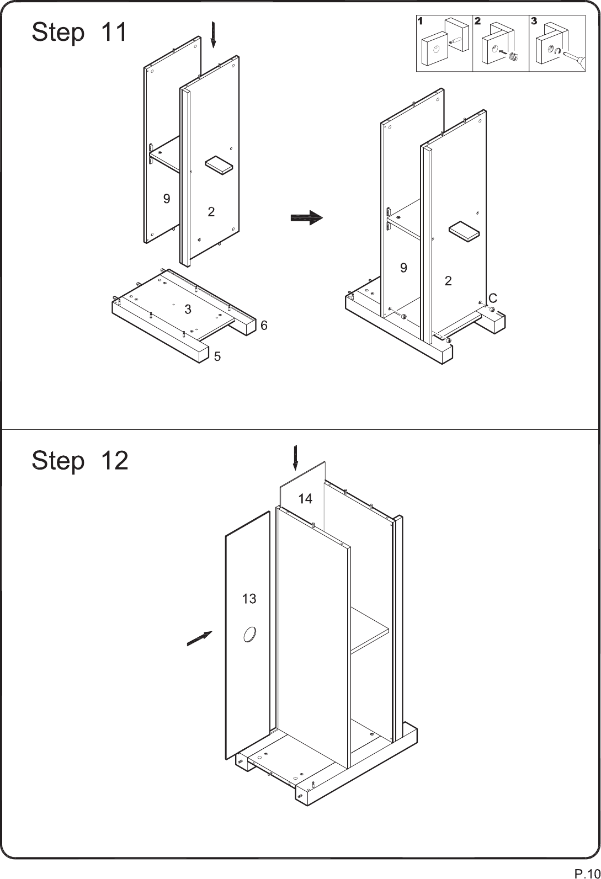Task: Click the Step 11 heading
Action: pos(79,32)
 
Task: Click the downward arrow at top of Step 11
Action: pos(213,35)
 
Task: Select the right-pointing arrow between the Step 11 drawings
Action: pos(307,218)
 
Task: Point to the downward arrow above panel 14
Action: pos(295,458)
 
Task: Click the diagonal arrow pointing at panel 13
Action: pos(199,638)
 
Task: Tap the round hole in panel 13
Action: pos(249,635)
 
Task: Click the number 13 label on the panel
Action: pos(249,599)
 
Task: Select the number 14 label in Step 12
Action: pos(305,499)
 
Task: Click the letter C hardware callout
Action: pos(493,298)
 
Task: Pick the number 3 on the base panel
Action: pos(188,309)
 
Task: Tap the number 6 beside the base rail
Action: pos(264,325)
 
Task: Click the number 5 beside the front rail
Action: pos(217,356)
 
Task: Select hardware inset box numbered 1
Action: pos(444,43)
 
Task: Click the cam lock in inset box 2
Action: pos(513,56)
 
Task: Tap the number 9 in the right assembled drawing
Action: pos(403,268)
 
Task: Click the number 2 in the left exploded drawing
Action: pos(211,212)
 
